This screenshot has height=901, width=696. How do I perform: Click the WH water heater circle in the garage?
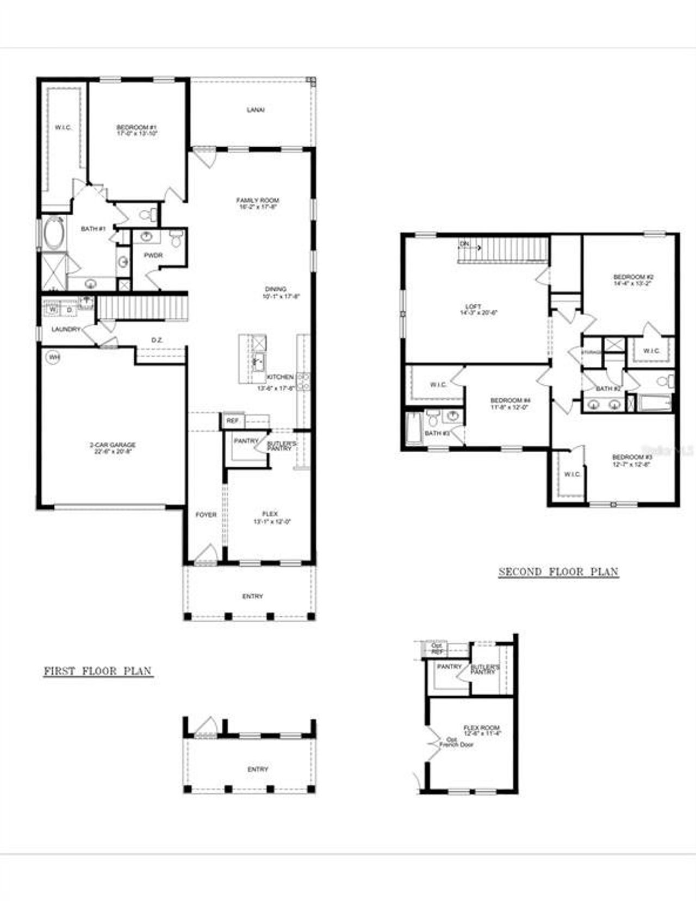[53, 357]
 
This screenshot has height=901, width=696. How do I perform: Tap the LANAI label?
[255, 110]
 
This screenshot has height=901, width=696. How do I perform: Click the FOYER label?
[206, 514]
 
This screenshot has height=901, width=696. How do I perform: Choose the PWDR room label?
[153, 255]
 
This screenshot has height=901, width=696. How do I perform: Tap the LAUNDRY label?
[66, 329]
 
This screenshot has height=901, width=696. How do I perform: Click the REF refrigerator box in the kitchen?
[232, 421]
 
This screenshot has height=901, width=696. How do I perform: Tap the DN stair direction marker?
[464, 244]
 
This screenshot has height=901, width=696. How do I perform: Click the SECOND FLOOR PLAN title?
[558, 572]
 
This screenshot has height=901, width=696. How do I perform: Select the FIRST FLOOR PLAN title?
[98, 671]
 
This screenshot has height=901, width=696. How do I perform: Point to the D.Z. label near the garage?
[157, 340]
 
